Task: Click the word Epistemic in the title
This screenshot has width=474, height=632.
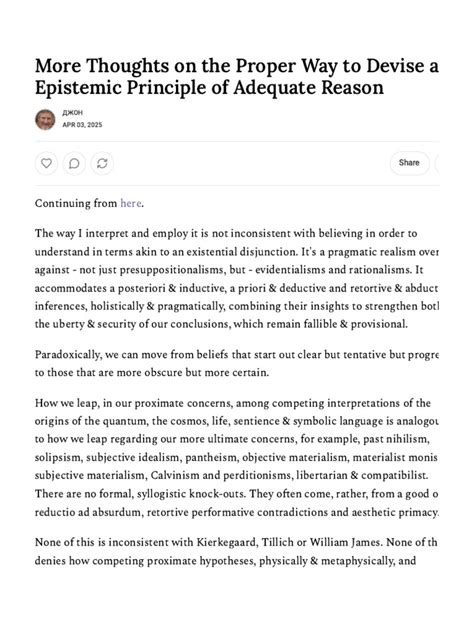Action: [x=84, y=88]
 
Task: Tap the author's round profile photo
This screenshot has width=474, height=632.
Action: [x=45, y=119]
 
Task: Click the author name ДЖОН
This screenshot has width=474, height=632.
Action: [x=74, y=113]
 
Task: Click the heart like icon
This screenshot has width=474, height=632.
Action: [x=46, y=162]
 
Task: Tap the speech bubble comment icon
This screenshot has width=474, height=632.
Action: [x=73, y=162]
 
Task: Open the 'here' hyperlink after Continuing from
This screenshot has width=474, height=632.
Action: [x=131, y=203]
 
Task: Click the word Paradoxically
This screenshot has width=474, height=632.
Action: [x=76, y=354]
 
